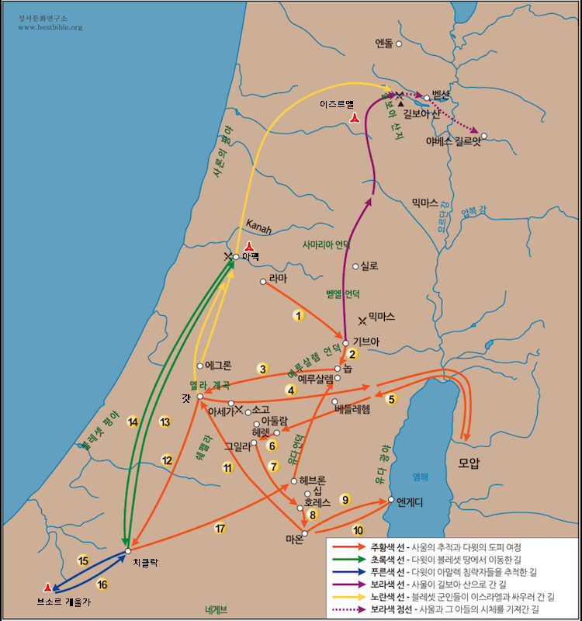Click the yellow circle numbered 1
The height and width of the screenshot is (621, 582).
[x=296, y=316]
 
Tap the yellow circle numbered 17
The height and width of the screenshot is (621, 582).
[x=220, y=529]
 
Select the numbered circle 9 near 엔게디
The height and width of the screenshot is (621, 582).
[x=345, y=499]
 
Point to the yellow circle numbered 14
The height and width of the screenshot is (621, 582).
[x=133, y=422]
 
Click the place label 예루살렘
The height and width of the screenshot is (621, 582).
[x=315, y=379]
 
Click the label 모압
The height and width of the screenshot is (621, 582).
[x=469, y=463]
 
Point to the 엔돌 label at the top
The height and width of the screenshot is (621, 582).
[x=383, y=43]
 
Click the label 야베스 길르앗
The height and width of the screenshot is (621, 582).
[x=453, y=141]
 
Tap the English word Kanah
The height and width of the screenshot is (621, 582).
[x=259, y=226]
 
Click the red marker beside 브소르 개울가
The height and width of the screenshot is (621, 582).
[x=48, y=588]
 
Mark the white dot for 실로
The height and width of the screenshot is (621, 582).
[x=356, y=266]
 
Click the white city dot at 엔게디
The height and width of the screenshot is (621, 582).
[x=391, y=500]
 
